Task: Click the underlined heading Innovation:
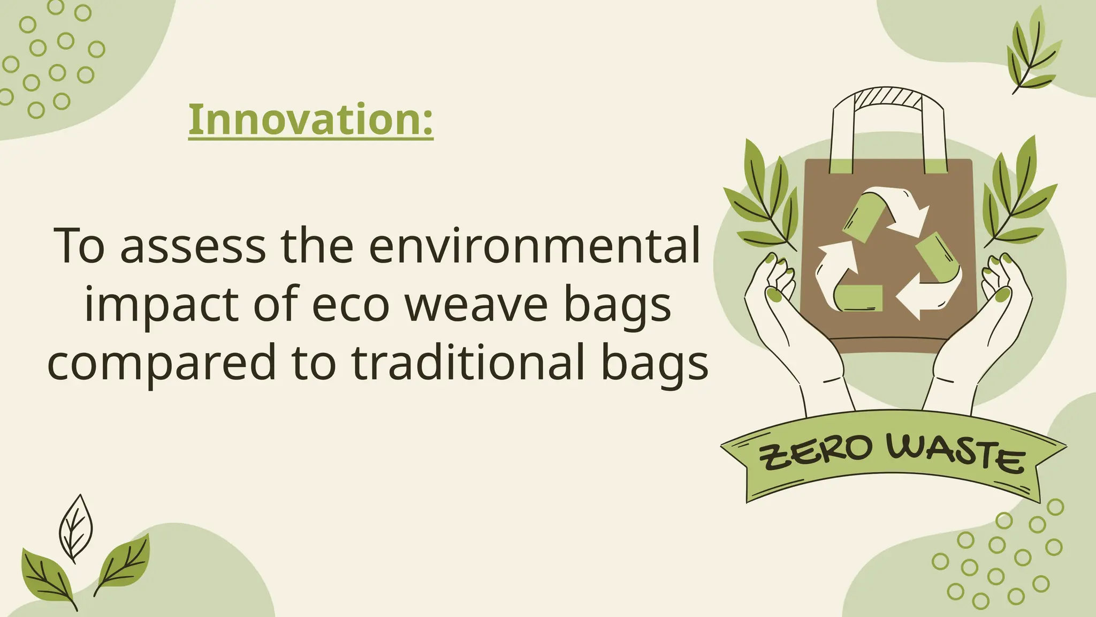[310, 120]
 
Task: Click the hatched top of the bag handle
[888, 99]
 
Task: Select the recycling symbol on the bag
[888, 252]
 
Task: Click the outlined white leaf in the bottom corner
[75, 528]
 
